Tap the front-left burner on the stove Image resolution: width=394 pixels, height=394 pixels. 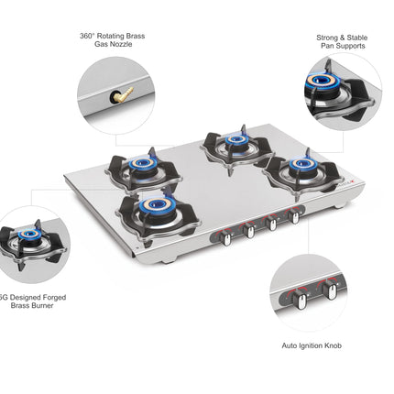pyautogui.click(x=158, y=203)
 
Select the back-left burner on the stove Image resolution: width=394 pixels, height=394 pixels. pyautogui.click(x=142, y=164)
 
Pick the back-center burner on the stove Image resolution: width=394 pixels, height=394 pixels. pyautogui.click(x=235, y=140)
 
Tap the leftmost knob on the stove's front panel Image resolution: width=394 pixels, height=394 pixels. pyautogui.click(x=225, y=235)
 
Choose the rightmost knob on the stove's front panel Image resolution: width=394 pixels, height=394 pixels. pyautogui.click(x=296, y=218)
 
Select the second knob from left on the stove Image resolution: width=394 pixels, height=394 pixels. pyautogui.click(x=249, y=230)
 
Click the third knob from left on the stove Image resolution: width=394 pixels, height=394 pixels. pyautogui.click(x=273, y=224)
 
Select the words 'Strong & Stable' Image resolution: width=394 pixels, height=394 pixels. pyautogui.click(x=341, y=37)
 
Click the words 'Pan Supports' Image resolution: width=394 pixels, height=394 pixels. pyautogui.click(x=341, y=46)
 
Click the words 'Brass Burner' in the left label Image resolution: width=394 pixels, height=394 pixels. pyautogui.click(x=35, y=305)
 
